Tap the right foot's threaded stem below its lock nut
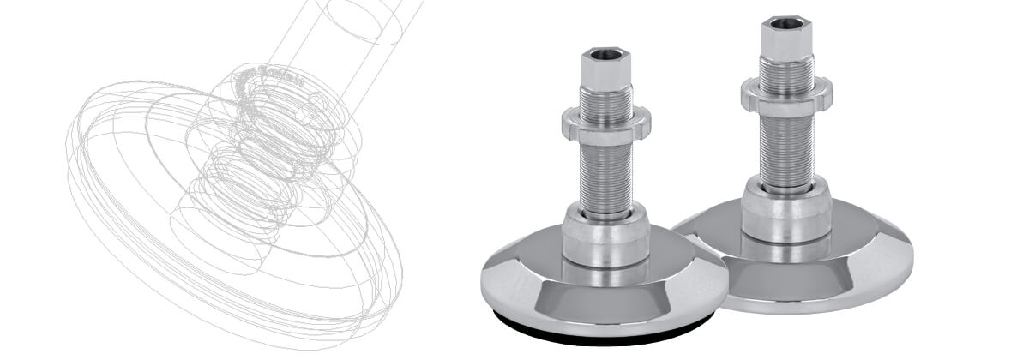tap(785, 146)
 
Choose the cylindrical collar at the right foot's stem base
tap(785, 210)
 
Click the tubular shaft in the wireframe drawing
tap(360, 34)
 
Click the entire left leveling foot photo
tap(605, 197)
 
